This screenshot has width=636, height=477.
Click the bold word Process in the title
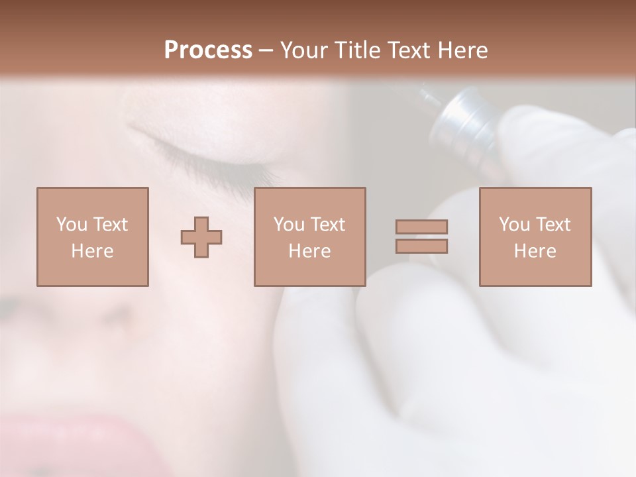pos(208,50)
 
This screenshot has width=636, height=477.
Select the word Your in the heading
pos(304,50)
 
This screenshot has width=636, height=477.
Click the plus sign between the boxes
pos(201,237)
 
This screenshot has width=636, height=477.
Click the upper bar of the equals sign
pos(421,227)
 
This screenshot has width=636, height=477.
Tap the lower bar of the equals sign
pos(421,246)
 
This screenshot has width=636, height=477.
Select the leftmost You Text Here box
pos(92,237)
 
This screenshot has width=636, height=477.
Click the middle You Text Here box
pos(309,237)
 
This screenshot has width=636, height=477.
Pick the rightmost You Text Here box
pos(535,237)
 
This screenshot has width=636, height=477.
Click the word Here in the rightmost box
pos(535,251)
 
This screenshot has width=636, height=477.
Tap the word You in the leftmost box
pos(71,225)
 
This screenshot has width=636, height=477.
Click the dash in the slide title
pos(266,50)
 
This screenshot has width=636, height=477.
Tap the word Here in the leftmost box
pos(92,251)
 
